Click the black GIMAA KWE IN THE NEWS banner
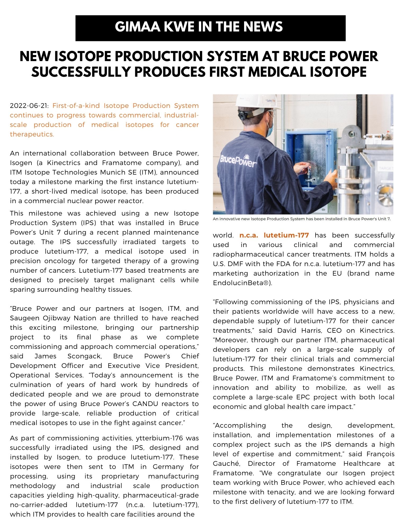pyautogui.click(x=210, y=28)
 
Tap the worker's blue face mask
pyautogui.click(x=269, y=128)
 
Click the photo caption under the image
pyautogui.click(x=302, y=219)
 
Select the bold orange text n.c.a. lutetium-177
pyautogui.click(x=274, y=235)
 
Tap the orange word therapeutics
pyautogui.click(x=32, y=134)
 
